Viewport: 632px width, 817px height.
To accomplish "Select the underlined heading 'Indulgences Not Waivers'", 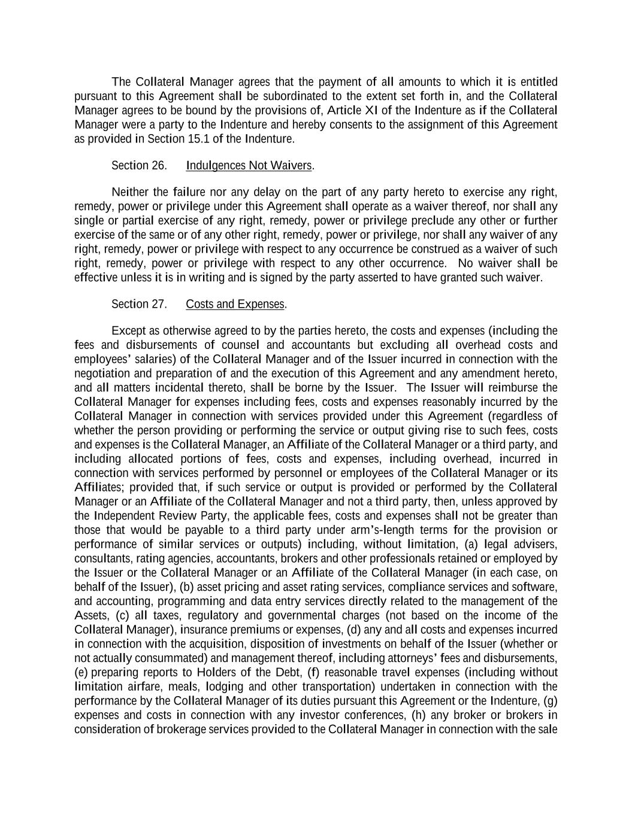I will coord(249,166).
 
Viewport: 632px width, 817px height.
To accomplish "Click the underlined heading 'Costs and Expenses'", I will coord(235,304).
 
